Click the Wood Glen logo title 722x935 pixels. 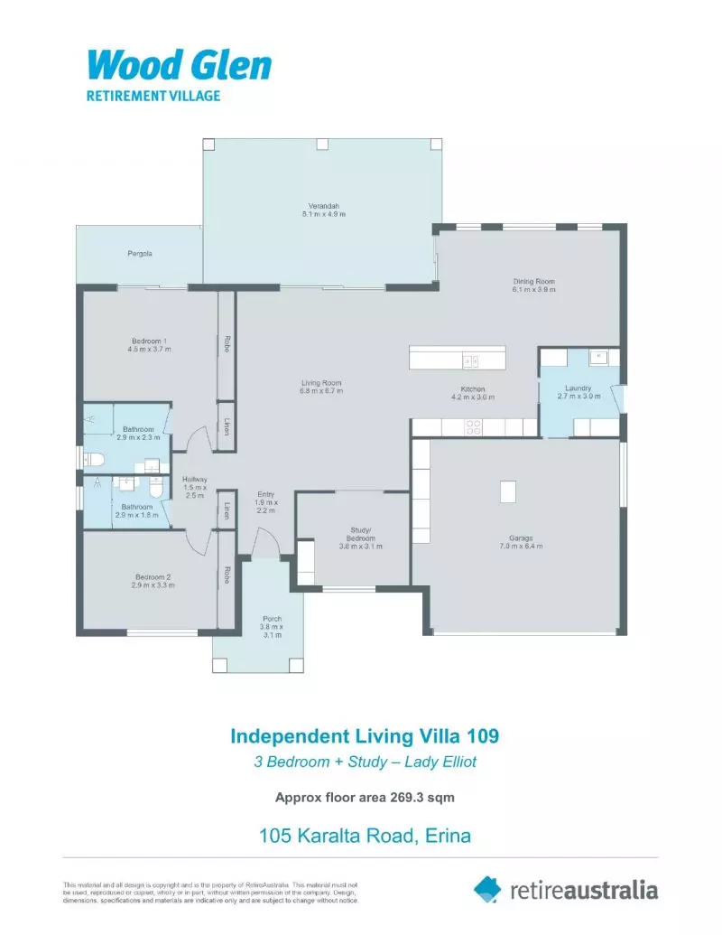click(x=180, y=66)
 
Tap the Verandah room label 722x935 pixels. click(x=324, y=210)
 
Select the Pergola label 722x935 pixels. click(x=140, y=254)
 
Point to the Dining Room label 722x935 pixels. click(x=534, y=285)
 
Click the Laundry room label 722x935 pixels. click(x=579, y=393)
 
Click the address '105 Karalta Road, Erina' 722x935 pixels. click(x=365, y=836)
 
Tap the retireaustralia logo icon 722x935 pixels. click(x=487, y=889)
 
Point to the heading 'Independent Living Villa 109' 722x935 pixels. click(x=365, y=736)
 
